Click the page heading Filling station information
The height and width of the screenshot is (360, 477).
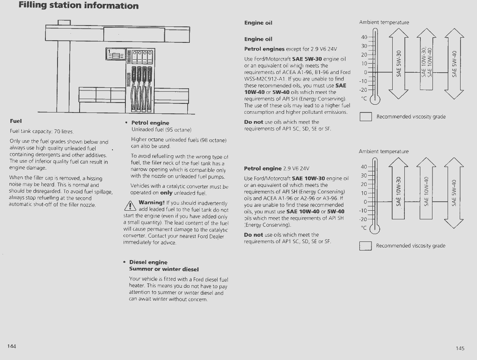tap(79, 6)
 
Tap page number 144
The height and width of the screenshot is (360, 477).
tap(12, 346)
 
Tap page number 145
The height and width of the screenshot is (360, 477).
tap(460, 348)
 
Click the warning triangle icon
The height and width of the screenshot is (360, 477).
tap(129, 206)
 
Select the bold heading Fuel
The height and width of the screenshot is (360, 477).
tap(16, 121)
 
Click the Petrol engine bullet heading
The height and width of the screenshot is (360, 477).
tap(150, 123)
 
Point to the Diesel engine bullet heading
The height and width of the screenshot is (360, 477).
tap(148, 262)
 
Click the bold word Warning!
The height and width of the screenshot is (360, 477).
tap(152, 202)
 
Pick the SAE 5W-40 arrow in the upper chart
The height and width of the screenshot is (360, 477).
tap(454, 63)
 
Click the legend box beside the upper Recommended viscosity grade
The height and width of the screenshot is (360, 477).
tap(366, 117)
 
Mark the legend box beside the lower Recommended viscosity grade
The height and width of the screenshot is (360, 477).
tap(366, 246)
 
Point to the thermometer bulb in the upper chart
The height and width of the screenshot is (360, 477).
tap(375, 100)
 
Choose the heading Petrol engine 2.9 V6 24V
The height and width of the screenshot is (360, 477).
tap(277, 168)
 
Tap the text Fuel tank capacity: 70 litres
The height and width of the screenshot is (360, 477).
tap(42, 131)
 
